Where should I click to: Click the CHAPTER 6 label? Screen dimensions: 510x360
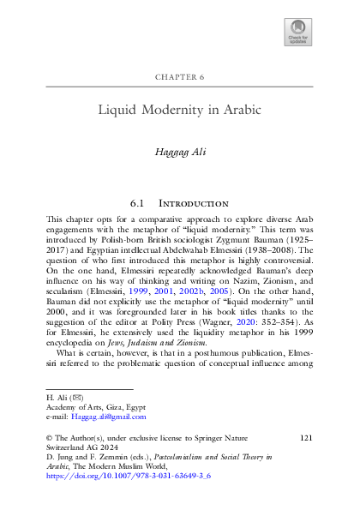pos(180,77)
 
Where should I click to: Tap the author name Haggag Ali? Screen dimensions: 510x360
pos(180,151)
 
